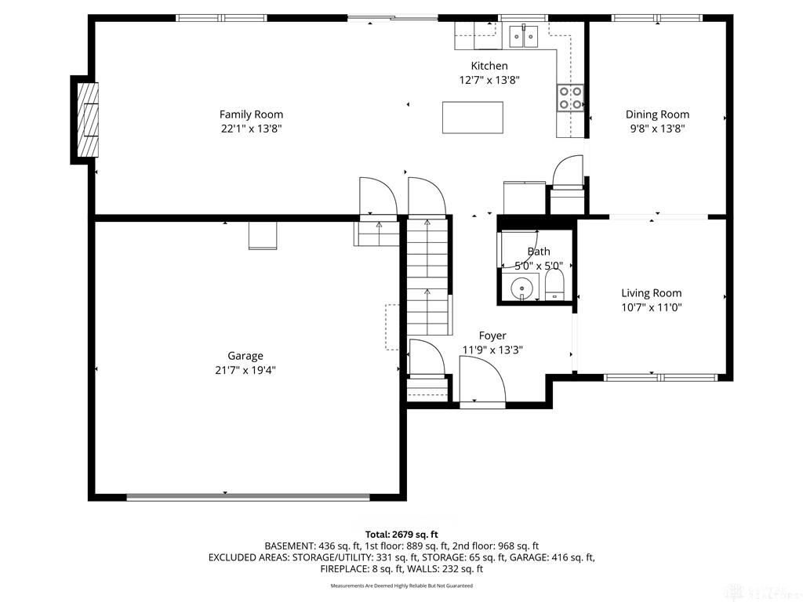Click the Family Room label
[x=251, y=114]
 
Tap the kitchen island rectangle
[x=473, y=118]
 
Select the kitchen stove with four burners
[x=570, y=97]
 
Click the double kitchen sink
[x=523, y=36]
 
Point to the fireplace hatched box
[x=87, y=120]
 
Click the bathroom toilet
[x=554, y=285]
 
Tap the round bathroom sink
[x=521, y=287]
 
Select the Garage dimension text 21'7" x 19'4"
[x=245, y=370]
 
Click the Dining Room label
[x=658, y=114]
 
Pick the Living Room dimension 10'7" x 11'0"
[x=652, y=307]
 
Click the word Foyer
[x=492, y=335]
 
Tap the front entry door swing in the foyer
[x=483, y=379]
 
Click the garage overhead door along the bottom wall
[x=248, y=496]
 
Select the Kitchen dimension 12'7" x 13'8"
[x=489, y=80]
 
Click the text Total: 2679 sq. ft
[x=401, y=535]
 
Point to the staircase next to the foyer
[x=429, y=275]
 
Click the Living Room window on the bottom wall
[x=660, y=378]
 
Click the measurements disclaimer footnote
[x=401, y=586]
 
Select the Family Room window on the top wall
[x=222, y=18]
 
